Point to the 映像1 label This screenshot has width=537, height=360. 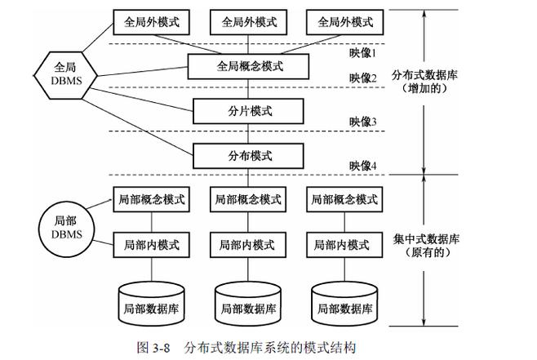click(x=362, y=52)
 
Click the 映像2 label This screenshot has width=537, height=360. click(x=362, y=78)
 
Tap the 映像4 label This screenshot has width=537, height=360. click(x=362, y=167)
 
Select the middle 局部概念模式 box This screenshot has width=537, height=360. click(x=247, y=199)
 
